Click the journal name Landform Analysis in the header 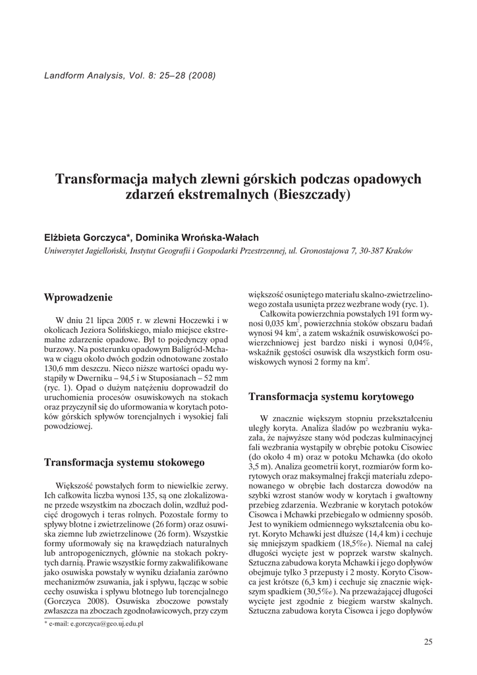pos(82,74)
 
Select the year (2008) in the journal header pos(202,74)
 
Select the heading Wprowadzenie pos(78,297)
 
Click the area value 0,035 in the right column pos(273,324)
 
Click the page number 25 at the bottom pos(428,642)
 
